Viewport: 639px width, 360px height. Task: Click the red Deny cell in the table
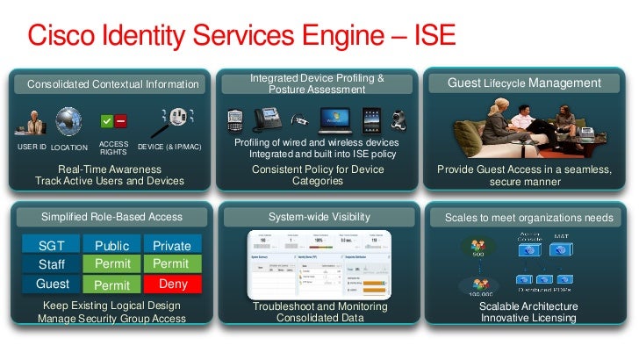click(x=173, y=284)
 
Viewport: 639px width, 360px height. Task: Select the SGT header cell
click(x=52, y=245)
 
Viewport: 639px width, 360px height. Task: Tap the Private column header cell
click(x=173, y=245)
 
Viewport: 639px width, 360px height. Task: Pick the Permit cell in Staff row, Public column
click(x=112, y=264)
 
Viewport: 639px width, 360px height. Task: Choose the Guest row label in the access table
click(x=52, y=284)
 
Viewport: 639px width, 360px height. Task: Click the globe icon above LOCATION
click(x=68, y=122)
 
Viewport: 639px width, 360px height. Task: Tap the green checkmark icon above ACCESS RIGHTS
click(x=107, y=120)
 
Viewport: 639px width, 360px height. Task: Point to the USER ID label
click(x=32, y=147)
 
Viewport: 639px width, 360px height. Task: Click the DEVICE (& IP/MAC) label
click(x=170, y=146)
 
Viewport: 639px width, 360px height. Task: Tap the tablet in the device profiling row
click(x=372, y=119)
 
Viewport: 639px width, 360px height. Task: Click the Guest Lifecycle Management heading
click(x=524, y=83)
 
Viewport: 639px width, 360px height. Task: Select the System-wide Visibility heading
click(x=319, y=216)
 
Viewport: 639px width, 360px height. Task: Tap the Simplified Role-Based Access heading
click(x=111, y=216)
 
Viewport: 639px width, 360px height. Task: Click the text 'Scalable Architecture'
click(x=528, y=306)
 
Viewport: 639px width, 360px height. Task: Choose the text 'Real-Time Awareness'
click(x=109, y=169)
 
